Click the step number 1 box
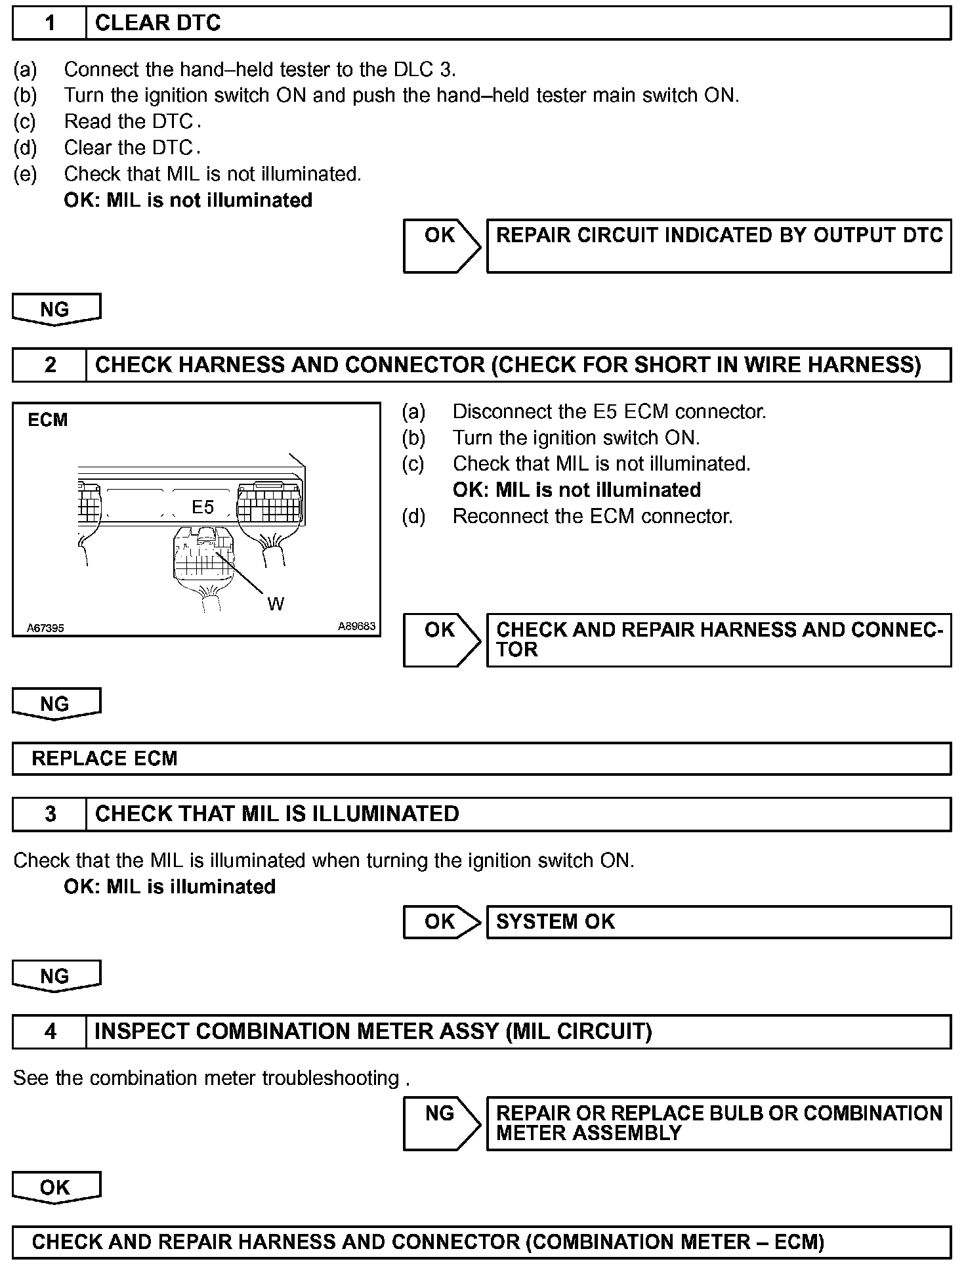click(50, 24)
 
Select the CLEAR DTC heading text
click(157, 24)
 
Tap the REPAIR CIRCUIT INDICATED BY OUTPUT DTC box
click(719, 245)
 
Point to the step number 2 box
click(50, 365)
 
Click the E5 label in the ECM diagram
click(203, 507)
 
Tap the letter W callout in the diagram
click(276, 604)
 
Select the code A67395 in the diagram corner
click(45, 628)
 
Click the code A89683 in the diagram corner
click(356, 626)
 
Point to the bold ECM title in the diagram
click(47, 420)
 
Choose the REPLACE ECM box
click(482, 759)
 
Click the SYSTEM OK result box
click(719, 922)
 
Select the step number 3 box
click(50, 814)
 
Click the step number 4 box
click(50, 1032)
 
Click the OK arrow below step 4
click(56, 1187)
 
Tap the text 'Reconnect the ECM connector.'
click(593, 517)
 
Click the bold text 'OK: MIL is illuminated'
click(169, 887)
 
